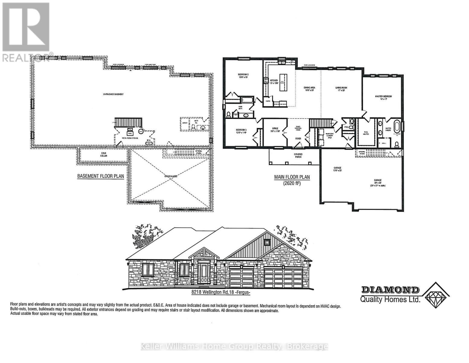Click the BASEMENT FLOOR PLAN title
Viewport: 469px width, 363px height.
[101, 176]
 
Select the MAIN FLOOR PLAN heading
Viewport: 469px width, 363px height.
[292, 177]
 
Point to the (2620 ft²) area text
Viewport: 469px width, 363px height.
[292, 183]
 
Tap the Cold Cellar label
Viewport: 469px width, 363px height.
[104, 155]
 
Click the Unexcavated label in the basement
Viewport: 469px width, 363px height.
[171, 175]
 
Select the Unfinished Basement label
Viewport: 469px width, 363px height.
[113, 94]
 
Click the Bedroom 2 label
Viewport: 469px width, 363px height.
[243, 76]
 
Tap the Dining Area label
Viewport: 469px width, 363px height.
[309, 89]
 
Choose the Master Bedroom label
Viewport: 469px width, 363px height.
[383, 97]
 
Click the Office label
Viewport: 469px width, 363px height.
[275, 130]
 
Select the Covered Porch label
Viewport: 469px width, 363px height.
[298, 156]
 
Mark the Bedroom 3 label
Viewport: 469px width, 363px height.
[242, 131]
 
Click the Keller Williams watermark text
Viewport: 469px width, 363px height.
[234, 346]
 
